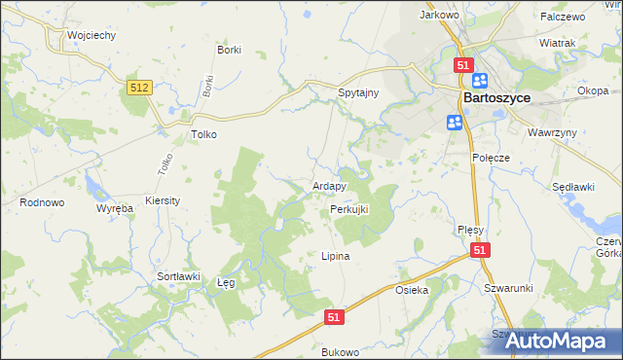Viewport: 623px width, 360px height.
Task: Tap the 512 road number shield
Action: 140,88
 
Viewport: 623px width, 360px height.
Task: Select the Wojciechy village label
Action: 92,35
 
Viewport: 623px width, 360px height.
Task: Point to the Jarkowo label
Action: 438,16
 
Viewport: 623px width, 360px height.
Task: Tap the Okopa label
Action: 593,90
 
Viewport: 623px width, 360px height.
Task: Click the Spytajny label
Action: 357,90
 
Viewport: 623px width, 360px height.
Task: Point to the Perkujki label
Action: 348,209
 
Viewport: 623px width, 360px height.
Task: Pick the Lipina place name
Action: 335,256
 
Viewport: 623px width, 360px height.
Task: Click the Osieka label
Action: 412,291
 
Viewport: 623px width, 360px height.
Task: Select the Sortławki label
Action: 178,276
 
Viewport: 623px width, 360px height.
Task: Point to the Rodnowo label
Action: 42,202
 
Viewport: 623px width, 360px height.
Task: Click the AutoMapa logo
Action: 554,341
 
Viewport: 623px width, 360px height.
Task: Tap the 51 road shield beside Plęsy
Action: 480,251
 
